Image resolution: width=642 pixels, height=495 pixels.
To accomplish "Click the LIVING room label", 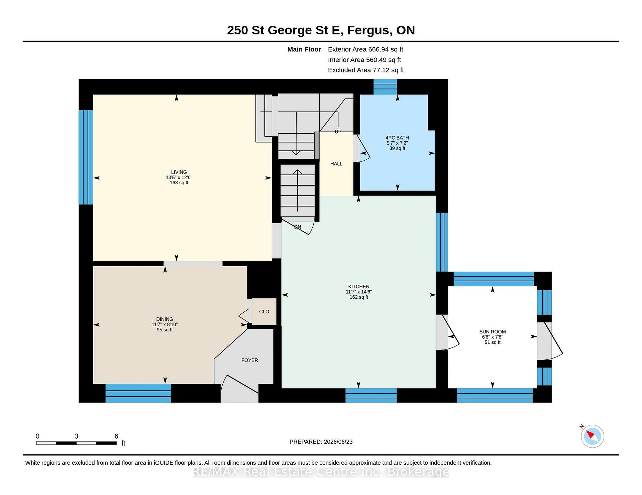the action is tap(179, 172).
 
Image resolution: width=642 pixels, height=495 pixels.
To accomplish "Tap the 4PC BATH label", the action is tap(397, 138).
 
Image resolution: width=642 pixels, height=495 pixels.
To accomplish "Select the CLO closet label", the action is tap(264, 312).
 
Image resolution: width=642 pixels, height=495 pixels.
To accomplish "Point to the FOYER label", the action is tap(250, 360).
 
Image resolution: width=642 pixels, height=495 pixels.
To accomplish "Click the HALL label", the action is tap(336, 164).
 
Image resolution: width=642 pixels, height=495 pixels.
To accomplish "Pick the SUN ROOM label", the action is tap(493, 332).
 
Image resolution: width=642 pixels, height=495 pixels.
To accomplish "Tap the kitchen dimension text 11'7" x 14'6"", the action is tap(359, 292).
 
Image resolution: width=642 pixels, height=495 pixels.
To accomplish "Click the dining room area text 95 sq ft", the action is tap(165, 330).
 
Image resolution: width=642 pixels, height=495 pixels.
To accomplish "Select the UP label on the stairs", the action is tap(338, 132).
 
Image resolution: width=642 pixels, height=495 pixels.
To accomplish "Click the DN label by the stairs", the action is tap(298, 227).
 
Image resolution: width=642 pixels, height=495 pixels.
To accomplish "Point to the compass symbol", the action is tap(592, 436).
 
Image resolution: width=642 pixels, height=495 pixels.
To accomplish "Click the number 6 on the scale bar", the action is tap(116, 436).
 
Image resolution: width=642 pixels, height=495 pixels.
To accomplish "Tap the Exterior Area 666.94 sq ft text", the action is tap(365, 49).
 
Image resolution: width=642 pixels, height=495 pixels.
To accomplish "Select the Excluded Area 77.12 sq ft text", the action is tap(366, 70).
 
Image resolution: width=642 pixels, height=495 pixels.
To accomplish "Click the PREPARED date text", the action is tap(321, 442).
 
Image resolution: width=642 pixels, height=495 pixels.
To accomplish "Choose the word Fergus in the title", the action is tap(369, 30).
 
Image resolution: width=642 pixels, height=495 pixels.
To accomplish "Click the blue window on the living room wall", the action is tap(86, 157).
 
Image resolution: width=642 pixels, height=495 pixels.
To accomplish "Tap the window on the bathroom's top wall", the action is tap(385, 87).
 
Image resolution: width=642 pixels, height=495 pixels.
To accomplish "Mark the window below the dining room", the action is tap(138, 393).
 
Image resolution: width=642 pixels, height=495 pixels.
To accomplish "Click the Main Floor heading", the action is tap(304, 49).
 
